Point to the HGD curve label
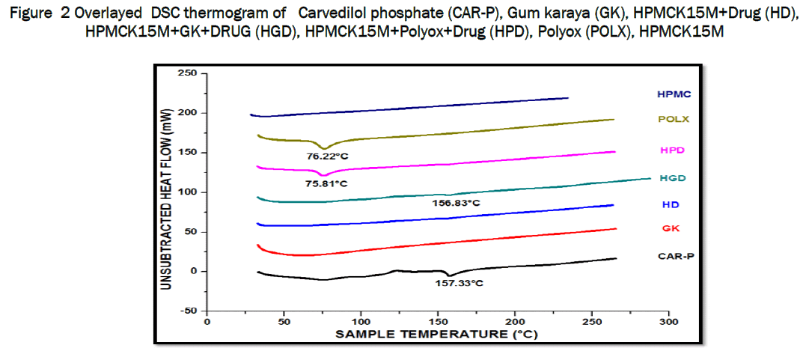click(x=674, y=178)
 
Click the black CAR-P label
click(x=674, y=256)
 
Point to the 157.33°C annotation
click(x=459, y=283)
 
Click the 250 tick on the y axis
click(x=188, y=73)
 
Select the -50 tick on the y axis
click(x=189, y=310)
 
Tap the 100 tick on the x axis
click(x=361, y=321)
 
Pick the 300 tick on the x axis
click(x=668, y=321)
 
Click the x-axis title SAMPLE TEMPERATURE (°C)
click(x=436, y=335)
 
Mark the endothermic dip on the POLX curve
click(x=323, y=147)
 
